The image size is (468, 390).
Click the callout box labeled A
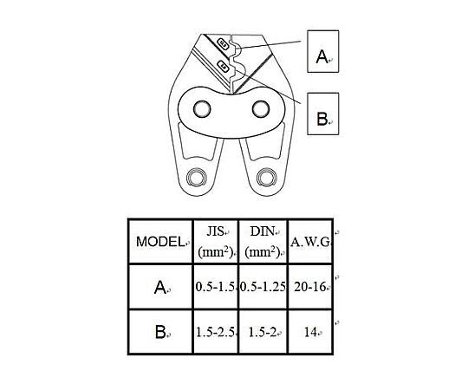point(323,51)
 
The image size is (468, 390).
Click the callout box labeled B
point(323,114)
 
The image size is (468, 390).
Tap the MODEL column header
point(160,242)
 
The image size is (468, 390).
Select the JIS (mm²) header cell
point(216,242)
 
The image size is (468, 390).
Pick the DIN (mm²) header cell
point(263,242)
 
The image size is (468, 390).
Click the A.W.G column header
point(310,242)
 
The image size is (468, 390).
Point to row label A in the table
point(160,287)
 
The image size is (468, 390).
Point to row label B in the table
point(160,332)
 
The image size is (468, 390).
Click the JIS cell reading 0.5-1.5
point(216,287)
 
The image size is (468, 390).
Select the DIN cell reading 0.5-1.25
point(263,287)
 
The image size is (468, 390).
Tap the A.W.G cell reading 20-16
point(310,287)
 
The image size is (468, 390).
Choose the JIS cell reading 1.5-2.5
point(216,332)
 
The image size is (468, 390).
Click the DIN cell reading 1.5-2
point(263,332)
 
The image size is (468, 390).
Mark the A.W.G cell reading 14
point(310,332)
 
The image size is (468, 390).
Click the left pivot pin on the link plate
point(202,108)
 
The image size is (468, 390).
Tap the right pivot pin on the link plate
point(261,108)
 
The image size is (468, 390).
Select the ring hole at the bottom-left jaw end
point(197,178)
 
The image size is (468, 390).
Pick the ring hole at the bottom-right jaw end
point(267,178)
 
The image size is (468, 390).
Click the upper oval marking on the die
point(223,44)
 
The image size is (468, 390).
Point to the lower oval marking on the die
point(223,66)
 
